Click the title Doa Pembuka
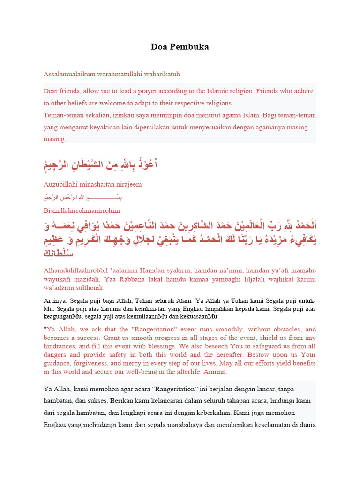pyautogui.click(x=180, y=47)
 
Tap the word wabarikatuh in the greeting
pyautogui.click(x=163, y=74)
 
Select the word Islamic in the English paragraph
pyautogui.click(x=215, y=91)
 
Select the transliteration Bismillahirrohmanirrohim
pyautogui.click(x=82, y=210)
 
